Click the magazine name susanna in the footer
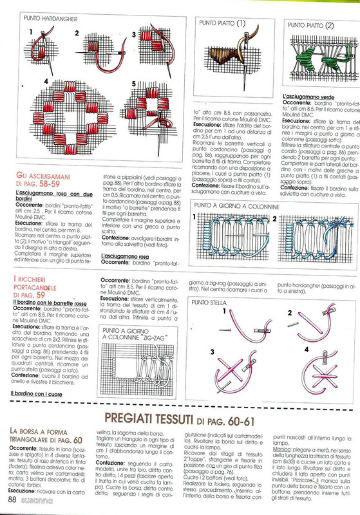(35, 500)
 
